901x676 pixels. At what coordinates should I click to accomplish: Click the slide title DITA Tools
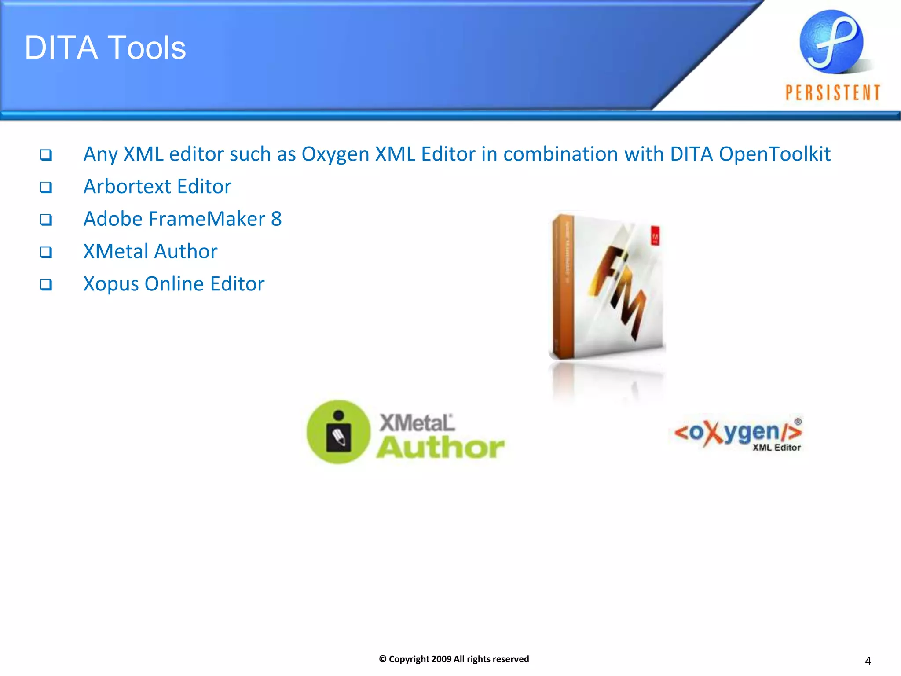click(105, 48)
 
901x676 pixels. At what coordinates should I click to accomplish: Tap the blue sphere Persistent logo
click(831, 42)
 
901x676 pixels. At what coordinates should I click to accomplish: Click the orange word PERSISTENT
click(833, 93)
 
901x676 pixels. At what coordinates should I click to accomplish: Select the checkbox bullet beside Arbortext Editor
click(46, 187)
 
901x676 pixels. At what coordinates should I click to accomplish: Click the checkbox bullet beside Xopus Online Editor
click(46, 285)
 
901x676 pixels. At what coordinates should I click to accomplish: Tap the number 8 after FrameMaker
click(276, 219)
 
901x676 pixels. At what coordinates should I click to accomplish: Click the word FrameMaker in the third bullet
click(207, 219)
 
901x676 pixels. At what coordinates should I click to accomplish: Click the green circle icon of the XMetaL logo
click(338, 432)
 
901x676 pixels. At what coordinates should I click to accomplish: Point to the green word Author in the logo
click(440, 448)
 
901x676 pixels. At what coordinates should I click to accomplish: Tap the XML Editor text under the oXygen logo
click(776, 448)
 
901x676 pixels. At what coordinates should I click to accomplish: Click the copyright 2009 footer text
click(454, 659)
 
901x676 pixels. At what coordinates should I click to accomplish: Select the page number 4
click(868, 661)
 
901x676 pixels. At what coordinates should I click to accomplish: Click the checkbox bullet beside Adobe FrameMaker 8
click(46, 220)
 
